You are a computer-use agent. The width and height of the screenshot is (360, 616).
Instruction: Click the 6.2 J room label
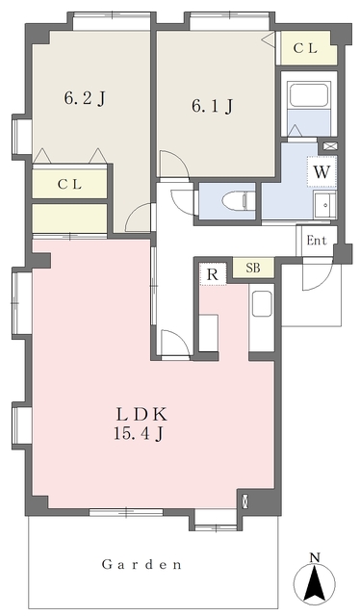pos(85,98)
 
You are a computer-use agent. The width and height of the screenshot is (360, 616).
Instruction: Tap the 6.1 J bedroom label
pos(212,106)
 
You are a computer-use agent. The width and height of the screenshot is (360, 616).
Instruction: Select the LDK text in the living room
pos(141,415)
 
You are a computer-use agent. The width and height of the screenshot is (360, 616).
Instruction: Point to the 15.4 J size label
pos(139,434)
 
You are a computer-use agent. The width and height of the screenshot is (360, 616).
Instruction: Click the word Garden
pos(141,565)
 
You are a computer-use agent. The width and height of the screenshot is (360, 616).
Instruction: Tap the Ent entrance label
pos(317,241)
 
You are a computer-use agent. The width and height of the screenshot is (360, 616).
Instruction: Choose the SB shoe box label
pos(253,268)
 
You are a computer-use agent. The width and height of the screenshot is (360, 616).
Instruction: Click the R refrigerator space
pos(213,274)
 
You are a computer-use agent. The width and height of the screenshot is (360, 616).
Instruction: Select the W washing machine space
pos(321,172)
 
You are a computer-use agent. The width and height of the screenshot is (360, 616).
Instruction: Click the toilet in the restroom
pos(236,202)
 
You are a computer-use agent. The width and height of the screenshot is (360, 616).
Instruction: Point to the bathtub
pos(309,95)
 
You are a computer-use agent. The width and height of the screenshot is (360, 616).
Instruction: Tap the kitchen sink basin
pos(262,304)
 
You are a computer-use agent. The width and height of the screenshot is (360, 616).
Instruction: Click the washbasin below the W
pos(325,205)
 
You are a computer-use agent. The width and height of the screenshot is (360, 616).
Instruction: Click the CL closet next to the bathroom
pos(306,48)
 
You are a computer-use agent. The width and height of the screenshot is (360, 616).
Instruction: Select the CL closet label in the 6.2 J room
pos(70,184)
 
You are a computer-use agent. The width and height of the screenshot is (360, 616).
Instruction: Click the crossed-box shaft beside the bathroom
pos(328,145)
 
